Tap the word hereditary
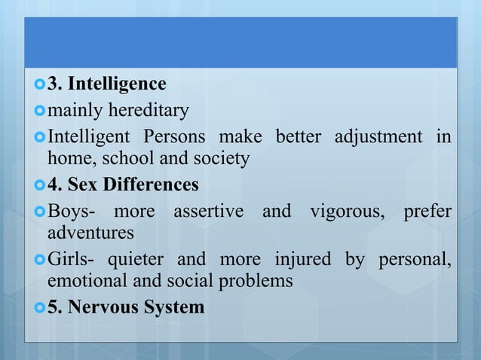[151, 111]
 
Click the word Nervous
[101, 307]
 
